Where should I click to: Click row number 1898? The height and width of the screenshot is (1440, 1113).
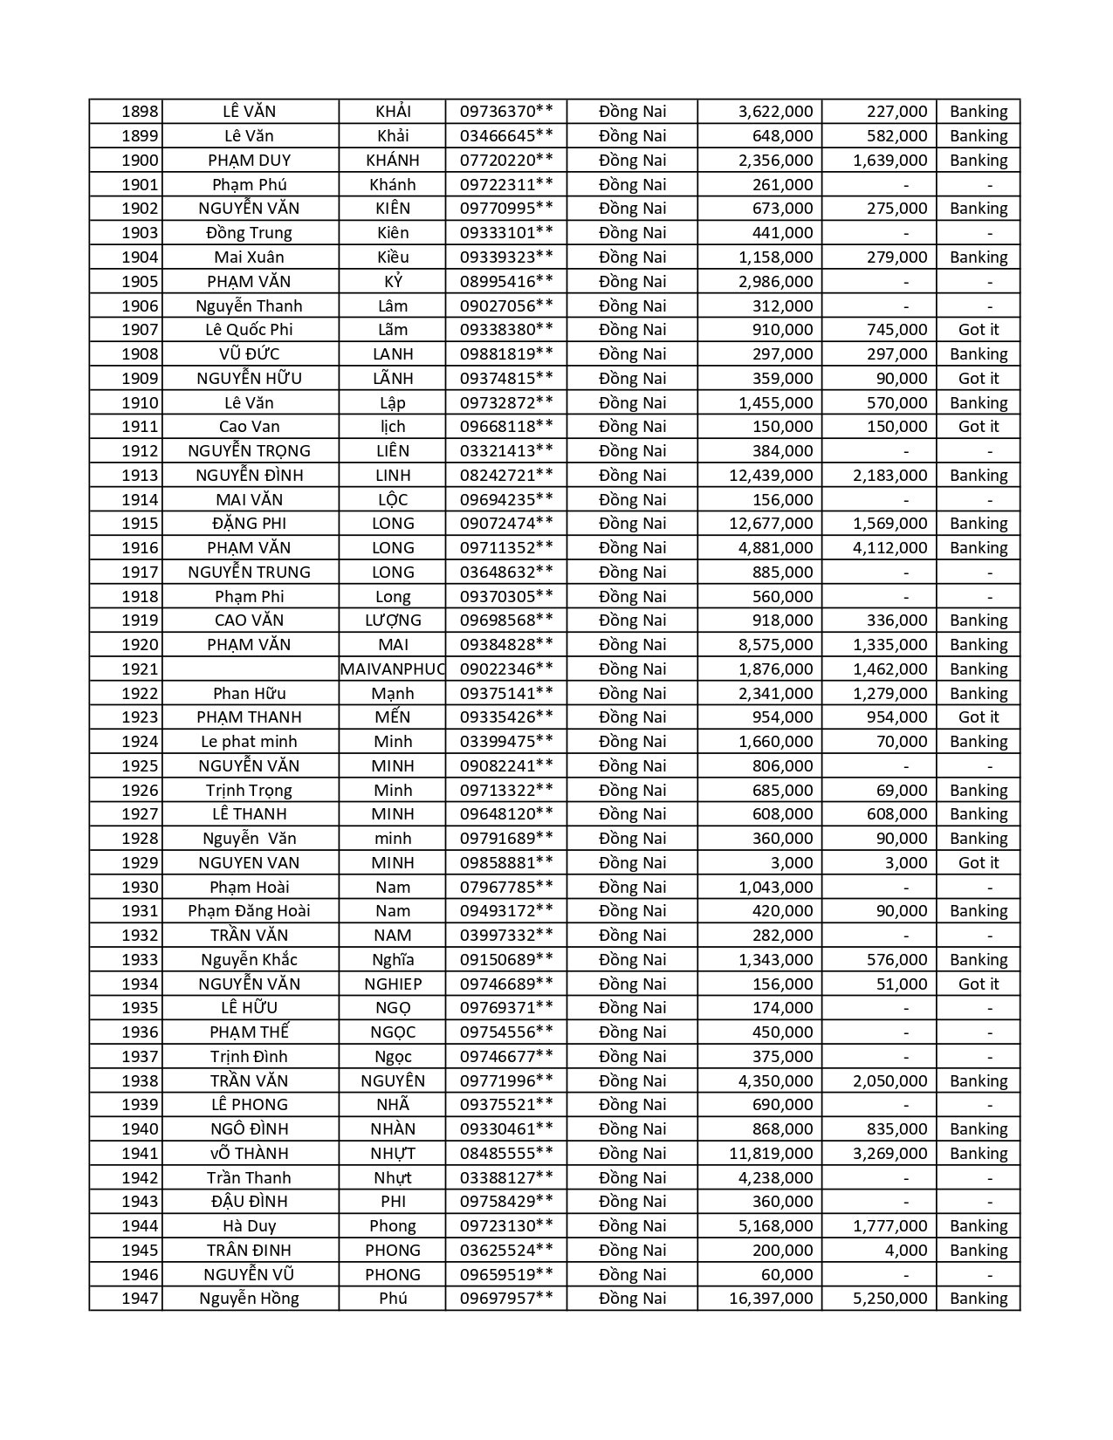(140, 112)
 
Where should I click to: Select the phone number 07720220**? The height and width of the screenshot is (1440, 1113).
(506, 161)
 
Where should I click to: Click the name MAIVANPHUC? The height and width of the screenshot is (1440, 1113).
(393, 669)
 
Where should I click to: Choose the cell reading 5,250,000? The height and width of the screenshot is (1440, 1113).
(890, 1299)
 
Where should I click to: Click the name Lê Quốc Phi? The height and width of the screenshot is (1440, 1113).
(249, 330)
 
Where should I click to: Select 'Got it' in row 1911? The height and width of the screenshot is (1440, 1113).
(978, 427)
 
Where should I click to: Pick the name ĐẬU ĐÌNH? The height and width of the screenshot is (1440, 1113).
(249, 1202)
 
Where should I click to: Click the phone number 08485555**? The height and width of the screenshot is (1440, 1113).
(506, 1154)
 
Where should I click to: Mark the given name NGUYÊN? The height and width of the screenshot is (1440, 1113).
(393, 1081)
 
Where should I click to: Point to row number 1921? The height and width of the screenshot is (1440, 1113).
(140, 669)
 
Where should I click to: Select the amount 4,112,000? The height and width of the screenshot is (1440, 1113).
(890, 548)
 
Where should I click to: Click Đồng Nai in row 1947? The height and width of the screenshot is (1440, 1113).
(632, 1299)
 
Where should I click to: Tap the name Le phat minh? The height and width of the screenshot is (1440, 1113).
(249, 742)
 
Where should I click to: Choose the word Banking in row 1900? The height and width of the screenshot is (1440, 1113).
(978, 161)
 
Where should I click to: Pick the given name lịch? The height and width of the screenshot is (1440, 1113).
(393, 427)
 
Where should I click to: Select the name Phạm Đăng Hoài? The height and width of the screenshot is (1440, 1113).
(249, 911)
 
